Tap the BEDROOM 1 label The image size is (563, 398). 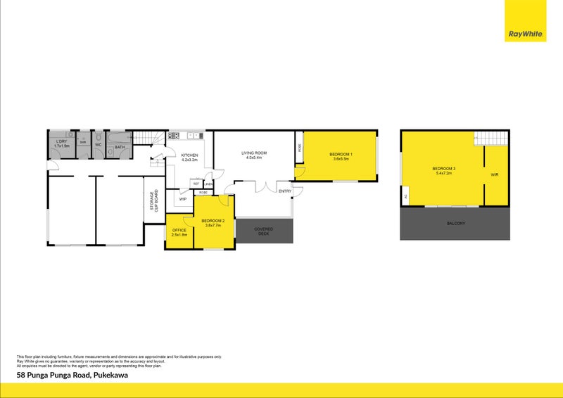pyautogui.click(x=341, y=156)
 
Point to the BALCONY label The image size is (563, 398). pyautogui.click(x=455, y=224)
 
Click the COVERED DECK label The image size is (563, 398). pyautogui.click(x=264, y=231)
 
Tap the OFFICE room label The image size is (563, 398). pyautogui.click(x=179, y=232)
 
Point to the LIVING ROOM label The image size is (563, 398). pyautogui.click(x=253, y=155)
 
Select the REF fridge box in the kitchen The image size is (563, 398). pyautogui.click(x=196, y=184)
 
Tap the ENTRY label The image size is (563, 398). pyautogui.click(x=284, y=191)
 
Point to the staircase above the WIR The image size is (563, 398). pyautogui.click(x=491, y=137)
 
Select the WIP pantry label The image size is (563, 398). pyautogui.click(x=183, y=199)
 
